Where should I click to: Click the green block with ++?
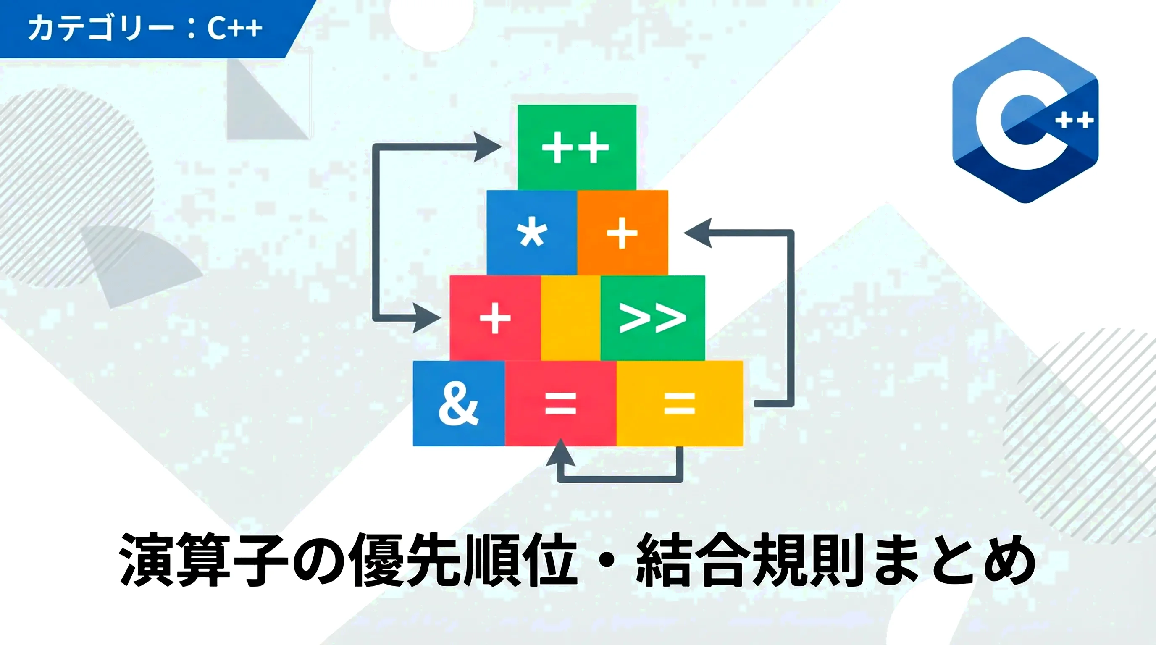pos(577,147)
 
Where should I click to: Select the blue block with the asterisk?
pos(532,233)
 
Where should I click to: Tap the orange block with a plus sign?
pos(623,233)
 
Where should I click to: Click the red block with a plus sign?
pos(495,318)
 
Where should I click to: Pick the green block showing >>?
pos(652,318)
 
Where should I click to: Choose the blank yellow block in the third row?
pos(571,318)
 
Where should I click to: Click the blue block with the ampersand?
pos(459,403)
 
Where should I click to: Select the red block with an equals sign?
pos(560,403)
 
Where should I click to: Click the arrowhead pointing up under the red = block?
pos(560,453)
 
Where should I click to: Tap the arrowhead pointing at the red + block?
pos(427,317)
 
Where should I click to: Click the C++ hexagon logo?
pos(1025,120)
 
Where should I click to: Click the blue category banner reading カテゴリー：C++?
pos(152,29)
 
